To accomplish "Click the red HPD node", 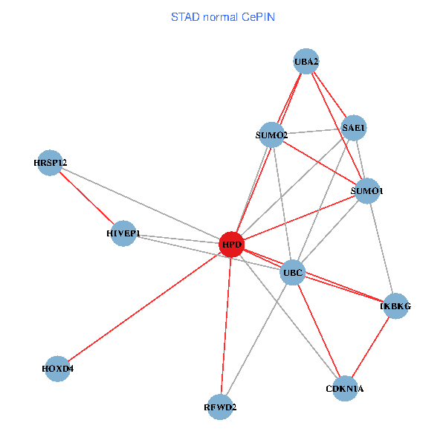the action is coord(232,244).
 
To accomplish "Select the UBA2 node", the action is coord(306,61).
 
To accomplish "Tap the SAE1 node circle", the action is coord(354,128).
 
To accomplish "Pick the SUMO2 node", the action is coord(271,135).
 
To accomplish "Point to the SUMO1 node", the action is coord(367,191).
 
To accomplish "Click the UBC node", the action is coord(293,273).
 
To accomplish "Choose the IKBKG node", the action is coord(395,306).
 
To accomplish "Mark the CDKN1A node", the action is coord(345,388).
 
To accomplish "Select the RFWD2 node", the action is coord(220,407).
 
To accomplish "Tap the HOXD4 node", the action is coord(58,368).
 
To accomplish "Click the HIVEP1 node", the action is coord(123,233).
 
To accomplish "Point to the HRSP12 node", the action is coord(51,162).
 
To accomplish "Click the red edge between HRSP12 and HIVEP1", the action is coord(87,198).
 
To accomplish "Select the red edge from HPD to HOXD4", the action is coord(145,306).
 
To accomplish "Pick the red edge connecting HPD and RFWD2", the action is coord(226,326).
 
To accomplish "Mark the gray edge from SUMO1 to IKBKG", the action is coord(381,248).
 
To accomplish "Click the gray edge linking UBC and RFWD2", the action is coord(256,340).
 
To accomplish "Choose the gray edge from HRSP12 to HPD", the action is coord(141,203).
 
